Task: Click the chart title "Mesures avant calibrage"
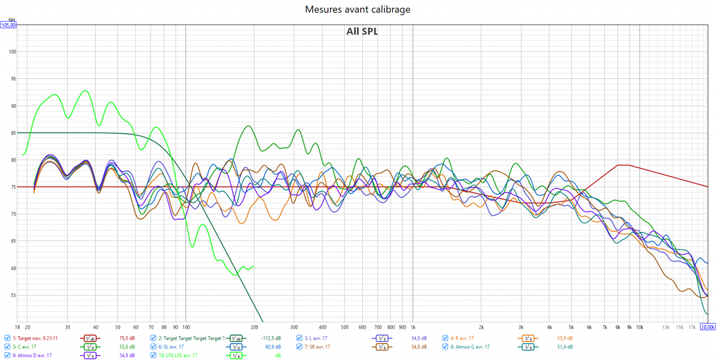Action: coord(357,9)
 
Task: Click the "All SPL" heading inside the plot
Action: coord(361,31)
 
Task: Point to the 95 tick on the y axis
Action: coord(11,78)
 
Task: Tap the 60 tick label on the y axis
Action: coord(11,268)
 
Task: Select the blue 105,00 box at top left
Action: coord(8,25)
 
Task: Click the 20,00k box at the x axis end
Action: coord(707,326)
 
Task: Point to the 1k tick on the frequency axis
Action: coord(413,326)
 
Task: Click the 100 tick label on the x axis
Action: coord(185,326)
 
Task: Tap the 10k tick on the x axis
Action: coord(639,326)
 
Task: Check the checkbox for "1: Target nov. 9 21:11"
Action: coord(7,338)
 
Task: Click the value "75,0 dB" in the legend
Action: coord(127,338)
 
